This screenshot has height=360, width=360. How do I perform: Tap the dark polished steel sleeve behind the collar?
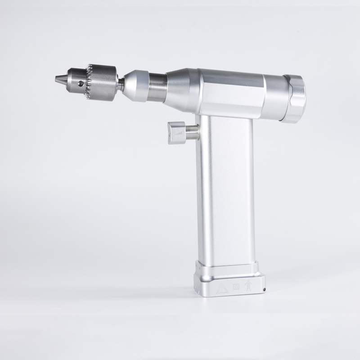(x=158, y=85)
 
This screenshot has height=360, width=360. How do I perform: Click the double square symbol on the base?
(x=234, y=286)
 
